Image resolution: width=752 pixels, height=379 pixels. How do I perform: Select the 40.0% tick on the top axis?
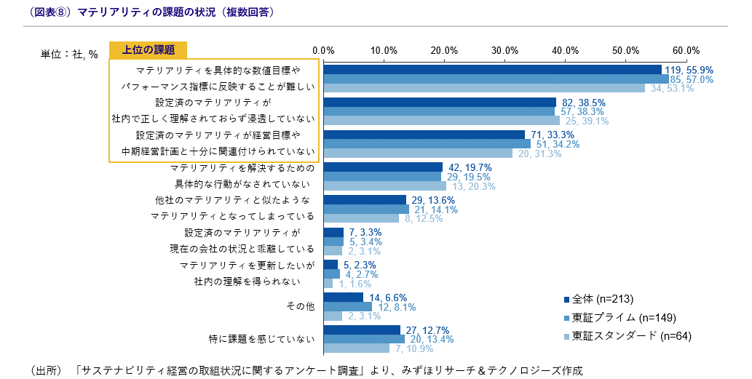(565, 50)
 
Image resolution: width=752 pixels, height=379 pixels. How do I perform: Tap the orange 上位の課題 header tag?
(149, 49)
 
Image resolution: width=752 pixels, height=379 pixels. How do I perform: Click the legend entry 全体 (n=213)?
(598, 299)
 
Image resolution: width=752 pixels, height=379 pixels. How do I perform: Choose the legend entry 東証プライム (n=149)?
(619, 317)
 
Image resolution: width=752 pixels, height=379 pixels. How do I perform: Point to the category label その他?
(301, 307)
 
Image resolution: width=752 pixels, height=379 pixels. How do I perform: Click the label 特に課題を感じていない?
(261, 339)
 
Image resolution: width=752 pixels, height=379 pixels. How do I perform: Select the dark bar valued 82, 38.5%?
(440, 103)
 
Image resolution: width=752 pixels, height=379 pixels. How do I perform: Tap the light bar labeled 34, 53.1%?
(484, 88)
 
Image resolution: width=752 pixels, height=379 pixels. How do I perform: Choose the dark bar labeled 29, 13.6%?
(365, 200)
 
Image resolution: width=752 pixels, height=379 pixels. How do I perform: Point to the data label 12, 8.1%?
(397, 307)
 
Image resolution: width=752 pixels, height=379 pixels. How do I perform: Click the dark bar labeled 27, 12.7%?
(362, 330)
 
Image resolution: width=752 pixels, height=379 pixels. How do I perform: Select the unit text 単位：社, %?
(69, 54)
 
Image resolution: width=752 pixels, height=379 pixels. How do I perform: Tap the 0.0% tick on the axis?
(322, 50)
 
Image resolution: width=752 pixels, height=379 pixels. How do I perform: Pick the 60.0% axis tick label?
(686, 50)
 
